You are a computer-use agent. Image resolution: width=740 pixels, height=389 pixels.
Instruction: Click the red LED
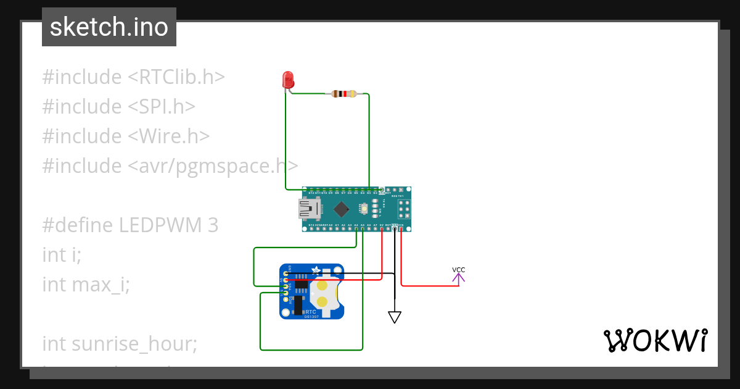point(288,80)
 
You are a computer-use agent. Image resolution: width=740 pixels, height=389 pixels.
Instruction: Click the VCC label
point(458,270)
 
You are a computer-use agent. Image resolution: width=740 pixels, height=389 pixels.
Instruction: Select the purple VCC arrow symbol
point(458,278)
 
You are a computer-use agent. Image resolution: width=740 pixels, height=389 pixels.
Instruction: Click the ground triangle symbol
point(395,317)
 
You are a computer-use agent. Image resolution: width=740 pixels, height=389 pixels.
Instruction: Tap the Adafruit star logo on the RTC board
point(316,270)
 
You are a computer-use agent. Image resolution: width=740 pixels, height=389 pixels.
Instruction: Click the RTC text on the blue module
point(311,312)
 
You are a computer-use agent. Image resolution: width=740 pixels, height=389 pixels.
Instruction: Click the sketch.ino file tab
point(109,27)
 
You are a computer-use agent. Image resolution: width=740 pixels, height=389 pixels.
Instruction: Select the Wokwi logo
point(654,341)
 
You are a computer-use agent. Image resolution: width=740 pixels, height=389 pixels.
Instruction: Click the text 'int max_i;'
point(86,285)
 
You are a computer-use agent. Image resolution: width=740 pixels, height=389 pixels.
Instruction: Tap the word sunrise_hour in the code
point(134,343)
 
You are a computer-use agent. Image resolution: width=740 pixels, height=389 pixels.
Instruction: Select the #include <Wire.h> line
point(126,136)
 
